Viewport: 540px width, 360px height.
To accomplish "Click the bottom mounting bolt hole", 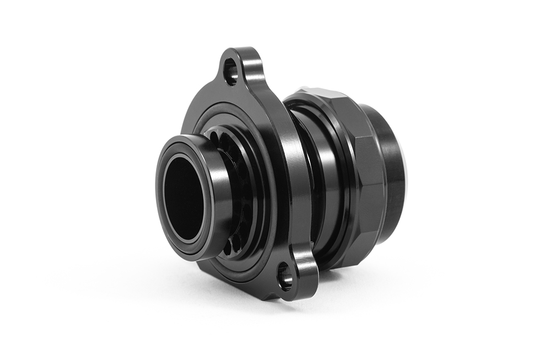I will coord(285,276).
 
